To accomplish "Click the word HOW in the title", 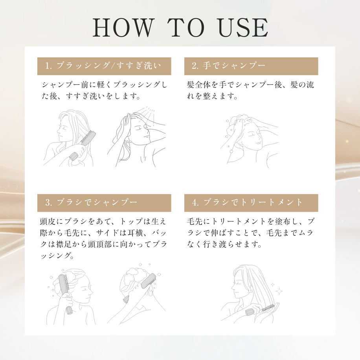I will pos(122,28).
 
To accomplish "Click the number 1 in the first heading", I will pos(48,66).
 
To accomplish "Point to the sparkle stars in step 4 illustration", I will pos(277,288).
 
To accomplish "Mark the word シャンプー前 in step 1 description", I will pos(63,85).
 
